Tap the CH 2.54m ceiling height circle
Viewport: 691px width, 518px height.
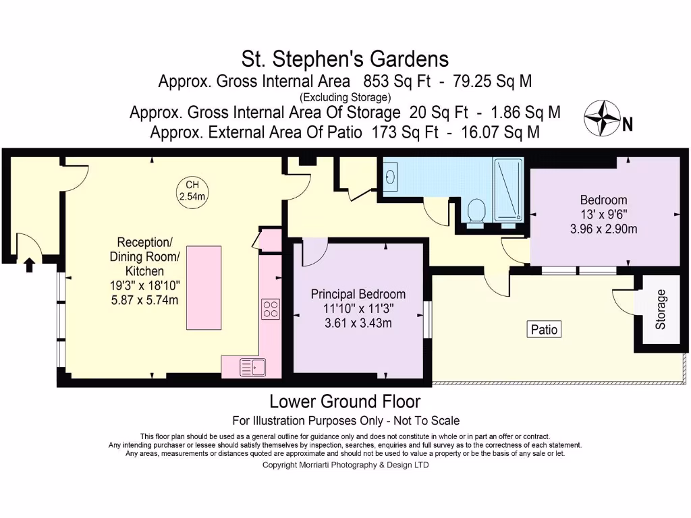[192, 191]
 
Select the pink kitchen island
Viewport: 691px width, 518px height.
[203, 288]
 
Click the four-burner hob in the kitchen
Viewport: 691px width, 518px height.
[271, 309]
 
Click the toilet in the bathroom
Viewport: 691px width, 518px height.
[476, 210]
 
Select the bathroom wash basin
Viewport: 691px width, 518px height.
[391, 177]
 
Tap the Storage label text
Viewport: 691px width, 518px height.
[661, 309]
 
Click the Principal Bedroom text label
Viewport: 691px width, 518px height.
[358, 294]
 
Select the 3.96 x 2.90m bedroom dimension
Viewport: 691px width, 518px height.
[603, 229]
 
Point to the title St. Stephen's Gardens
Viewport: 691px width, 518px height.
[345, 59]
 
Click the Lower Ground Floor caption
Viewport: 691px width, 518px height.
[345, 402]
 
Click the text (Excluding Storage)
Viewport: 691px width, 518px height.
[345, 97]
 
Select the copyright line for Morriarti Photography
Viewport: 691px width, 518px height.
[345, 465]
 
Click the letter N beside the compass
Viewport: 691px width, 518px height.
[627, 124]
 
